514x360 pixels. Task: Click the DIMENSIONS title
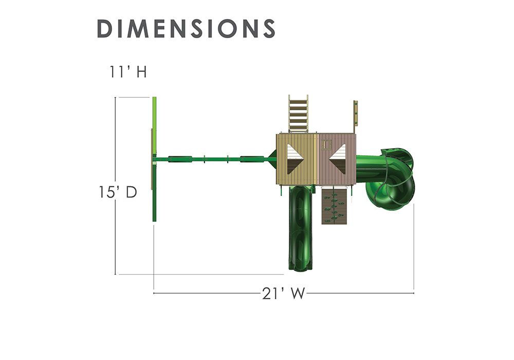[x=186, y=28]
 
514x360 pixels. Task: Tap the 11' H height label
[x=128, y=72]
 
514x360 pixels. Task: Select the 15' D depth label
[x=118, y=192]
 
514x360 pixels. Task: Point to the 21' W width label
[x=284, y=294]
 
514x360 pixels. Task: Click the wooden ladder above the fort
[x=298, y=114]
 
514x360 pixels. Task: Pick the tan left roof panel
[x=297, y=159]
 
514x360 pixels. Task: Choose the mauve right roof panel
[x=337, y=159]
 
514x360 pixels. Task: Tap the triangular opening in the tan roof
[x=294, y=159]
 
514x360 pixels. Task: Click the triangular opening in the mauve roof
[x=338, y=159]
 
